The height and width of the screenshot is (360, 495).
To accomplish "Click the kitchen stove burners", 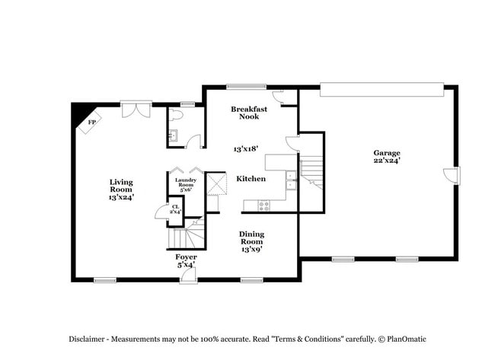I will (x=264, y=204).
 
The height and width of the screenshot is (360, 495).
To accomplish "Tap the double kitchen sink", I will (x=290, y=180).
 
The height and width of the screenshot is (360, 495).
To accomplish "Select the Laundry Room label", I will (x=187, y=184).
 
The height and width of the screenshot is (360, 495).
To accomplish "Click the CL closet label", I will (x=175, y=209).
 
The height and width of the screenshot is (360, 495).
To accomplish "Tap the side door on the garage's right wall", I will (x=452, y=174).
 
